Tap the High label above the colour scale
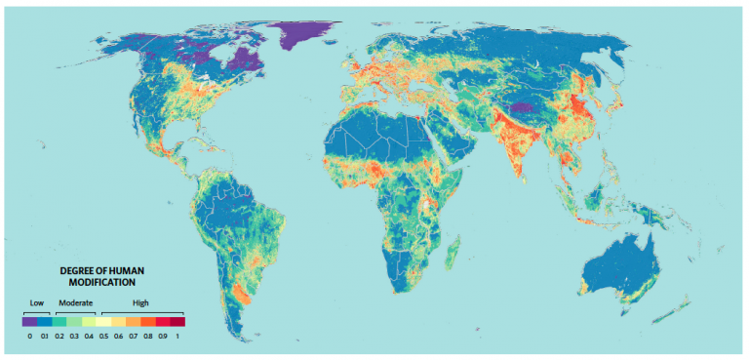[x=140, y=302]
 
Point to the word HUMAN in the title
[x=125, y=268]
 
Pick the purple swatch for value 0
[x=29, y=320]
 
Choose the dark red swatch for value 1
[x=177, y=320]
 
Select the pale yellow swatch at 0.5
[x=103, y=320]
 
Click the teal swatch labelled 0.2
[x=59, y=320]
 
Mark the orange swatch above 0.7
[x=133, y=320]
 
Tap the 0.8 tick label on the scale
[x=147, y=336]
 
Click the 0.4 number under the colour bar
[x=88, y=336]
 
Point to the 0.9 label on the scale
[x=162, y=336]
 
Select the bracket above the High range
[x=141, y=311]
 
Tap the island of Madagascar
[x=453, y=256]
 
